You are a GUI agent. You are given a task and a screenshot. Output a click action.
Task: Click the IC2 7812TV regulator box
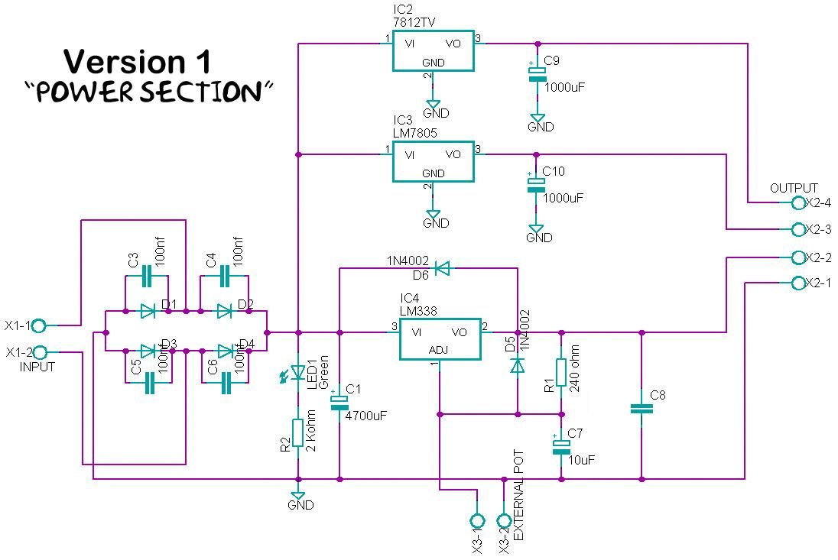click(433, 50)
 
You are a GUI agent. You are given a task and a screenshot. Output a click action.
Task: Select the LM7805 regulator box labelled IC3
click(433, 161)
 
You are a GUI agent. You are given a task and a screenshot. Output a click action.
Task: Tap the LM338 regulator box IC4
click(440, 339)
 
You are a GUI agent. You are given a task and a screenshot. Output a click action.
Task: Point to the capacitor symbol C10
click(536, 184)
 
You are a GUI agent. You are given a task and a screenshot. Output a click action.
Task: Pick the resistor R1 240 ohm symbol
click(561, 372)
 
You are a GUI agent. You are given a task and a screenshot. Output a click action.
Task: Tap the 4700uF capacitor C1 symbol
click(339, 403)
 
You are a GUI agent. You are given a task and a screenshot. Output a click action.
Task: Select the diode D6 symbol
click(442, 268)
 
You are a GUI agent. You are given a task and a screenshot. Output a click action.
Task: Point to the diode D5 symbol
click(518, 366)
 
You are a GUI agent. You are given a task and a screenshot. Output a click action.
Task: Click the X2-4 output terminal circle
click(798, 202)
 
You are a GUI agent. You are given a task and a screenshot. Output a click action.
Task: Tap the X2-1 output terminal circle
click(798, 283)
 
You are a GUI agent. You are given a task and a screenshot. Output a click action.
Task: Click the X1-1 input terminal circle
click(39, 325)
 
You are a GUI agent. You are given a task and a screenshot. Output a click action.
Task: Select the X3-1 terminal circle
click(476, 520)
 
